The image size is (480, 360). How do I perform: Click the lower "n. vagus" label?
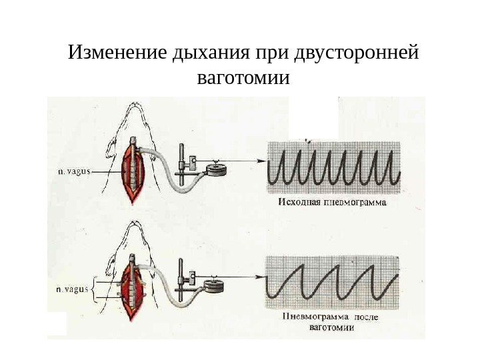point(72,289)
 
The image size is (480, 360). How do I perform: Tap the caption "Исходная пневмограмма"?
point(331,200)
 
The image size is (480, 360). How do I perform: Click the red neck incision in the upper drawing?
point(133,174)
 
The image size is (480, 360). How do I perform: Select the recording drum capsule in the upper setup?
point(215,171)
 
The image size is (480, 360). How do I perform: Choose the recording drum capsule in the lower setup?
point(214,287)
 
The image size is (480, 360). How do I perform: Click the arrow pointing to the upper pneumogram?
point(247,161)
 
